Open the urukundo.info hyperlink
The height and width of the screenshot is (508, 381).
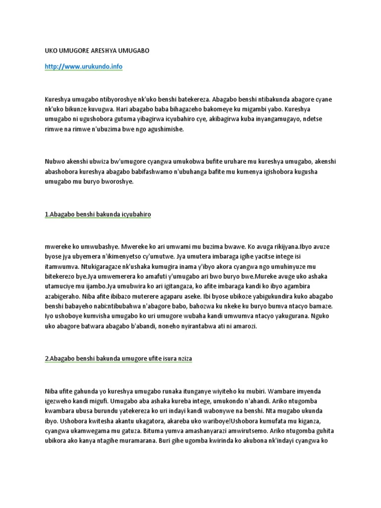pos(83,67)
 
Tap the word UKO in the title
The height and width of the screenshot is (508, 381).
pos(51,51)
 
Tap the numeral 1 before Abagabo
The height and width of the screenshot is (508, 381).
pos(47,215)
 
